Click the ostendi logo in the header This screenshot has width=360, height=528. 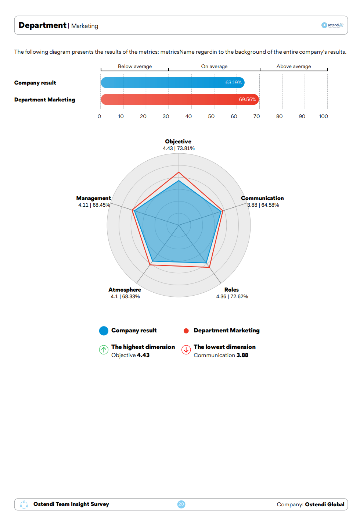pos(332,25)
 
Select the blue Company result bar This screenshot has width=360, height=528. pos(172,83)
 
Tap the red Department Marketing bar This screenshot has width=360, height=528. pos(180,100)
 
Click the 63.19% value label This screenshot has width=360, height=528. pos(233,83)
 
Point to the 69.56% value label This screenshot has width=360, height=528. pos(247,100)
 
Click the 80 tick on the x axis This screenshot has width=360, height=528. pos(280,116)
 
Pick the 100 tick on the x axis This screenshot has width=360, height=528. pos(323,116)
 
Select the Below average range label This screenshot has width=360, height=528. pos(135,67)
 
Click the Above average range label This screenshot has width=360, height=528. pos(294,67)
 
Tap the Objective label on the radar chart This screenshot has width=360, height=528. pos(178,142)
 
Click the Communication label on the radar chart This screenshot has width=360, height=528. pos(262,198)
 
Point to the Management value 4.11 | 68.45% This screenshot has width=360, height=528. pos(94,205)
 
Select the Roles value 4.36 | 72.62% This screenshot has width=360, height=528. pos(232,296)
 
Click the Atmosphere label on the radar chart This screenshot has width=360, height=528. pos(125,290)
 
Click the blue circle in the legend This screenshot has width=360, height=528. pos(104,331)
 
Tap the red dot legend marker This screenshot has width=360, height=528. pos(186,331)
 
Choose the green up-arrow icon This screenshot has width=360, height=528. pos(104,350)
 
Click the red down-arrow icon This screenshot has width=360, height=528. pos(186,350)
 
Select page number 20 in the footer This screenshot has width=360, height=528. pos(181,504)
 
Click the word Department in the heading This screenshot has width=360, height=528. pos(42,25)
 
